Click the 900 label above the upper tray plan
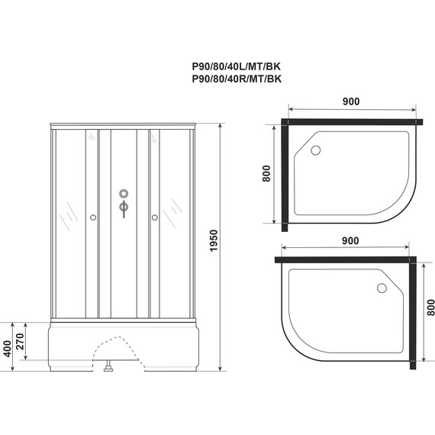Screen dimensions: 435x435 pos(350,103)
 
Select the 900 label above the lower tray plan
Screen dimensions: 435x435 pos(350,241)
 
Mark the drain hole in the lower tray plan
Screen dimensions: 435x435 pos(379,288)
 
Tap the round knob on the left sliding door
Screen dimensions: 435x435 pos(93,217)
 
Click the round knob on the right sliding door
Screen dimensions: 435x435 pos(155,217)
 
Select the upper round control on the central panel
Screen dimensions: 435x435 pos(124,193)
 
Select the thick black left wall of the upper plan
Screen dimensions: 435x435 pos(284,172)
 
